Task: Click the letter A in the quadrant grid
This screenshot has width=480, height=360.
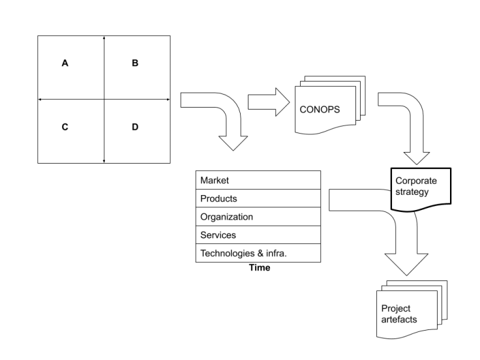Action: click(x=65, y=63)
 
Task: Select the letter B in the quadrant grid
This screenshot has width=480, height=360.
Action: click(x=135, y=63)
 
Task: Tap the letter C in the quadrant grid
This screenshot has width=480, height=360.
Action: click(x=65, y=127)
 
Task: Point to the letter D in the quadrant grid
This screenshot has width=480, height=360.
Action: click(x=135, y=127)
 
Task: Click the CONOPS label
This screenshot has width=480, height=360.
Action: click(x=320, y=109)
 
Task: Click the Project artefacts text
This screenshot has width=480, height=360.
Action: click(x=399, y=314)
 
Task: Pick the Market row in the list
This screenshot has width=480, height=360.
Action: click(x=258, y=180)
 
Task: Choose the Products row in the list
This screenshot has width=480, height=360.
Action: click(x=258, y=198)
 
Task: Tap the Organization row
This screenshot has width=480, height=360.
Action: click(x=258, y=217)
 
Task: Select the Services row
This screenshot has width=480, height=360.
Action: click(x=258, y=235)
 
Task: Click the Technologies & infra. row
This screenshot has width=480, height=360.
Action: click(x=258, y=253)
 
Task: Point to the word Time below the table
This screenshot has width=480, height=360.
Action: click(x=260, y=268)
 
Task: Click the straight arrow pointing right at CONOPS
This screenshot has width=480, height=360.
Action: click(x=269, y=102)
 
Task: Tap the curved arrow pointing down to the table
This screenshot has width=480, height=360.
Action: click(x=222, y=117)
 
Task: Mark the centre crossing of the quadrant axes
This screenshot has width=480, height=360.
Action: click(x=104, y=99)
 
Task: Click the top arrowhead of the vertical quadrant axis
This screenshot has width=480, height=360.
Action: click(x=104, y=38)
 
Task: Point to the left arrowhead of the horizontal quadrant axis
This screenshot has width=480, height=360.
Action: click(x=40, y=99)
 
